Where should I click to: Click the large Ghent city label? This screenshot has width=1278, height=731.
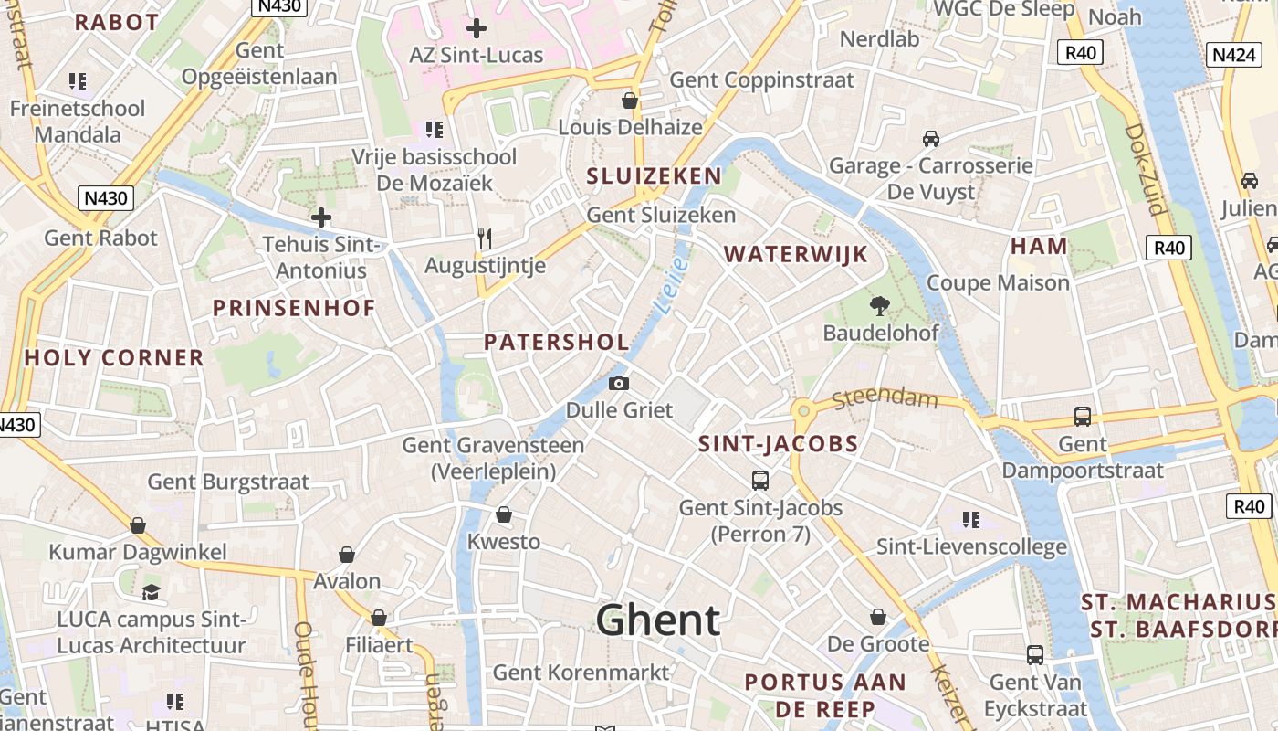click(658, 620)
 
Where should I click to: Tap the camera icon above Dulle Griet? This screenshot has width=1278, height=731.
click(619, 383)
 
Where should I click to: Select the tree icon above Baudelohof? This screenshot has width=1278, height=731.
click(880, 306)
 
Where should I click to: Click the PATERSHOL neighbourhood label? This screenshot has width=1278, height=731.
click(556, 343)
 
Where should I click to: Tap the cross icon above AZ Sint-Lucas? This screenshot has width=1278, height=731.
click(476, 28)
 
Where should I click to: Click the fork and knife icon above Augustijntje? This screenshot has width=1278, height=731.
click(485, 238)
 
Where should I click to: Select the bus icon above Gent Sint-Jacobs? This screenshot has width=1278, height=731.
click(759, 480)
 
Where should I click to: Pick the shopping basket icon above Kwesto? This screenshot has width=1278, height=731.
click(503, 515)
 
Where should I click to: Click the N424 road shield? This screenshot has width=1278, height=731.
click(1233, 55)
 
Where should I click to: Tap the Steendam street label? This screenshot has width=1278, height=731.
click(885, 398)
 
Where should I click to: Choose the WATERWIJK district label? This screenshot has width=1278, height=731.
click(796, 254)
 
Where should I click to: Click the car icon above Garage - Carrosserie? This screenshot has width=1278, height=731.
click(930, 139)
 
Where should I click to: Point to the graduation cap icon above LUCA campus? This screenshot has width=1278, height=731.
click(152, 592)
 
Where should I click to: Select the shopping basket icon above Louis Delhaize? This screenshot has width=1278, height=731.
click(630, 100)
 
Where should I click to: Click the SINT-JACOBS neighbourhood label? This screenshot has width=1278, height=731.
click(778, 445)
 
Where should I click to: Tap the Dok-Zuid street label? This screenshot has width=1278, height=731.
click(1146, 169)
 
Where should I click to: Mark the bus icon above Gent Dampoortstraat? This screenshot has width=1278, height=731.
click(1083, 417)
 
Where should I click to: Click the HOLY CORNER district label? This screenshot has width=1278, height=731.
click(114, 357)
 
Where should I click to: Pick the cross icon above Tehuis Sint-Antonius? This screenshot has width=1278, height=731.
click(320, 217)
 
